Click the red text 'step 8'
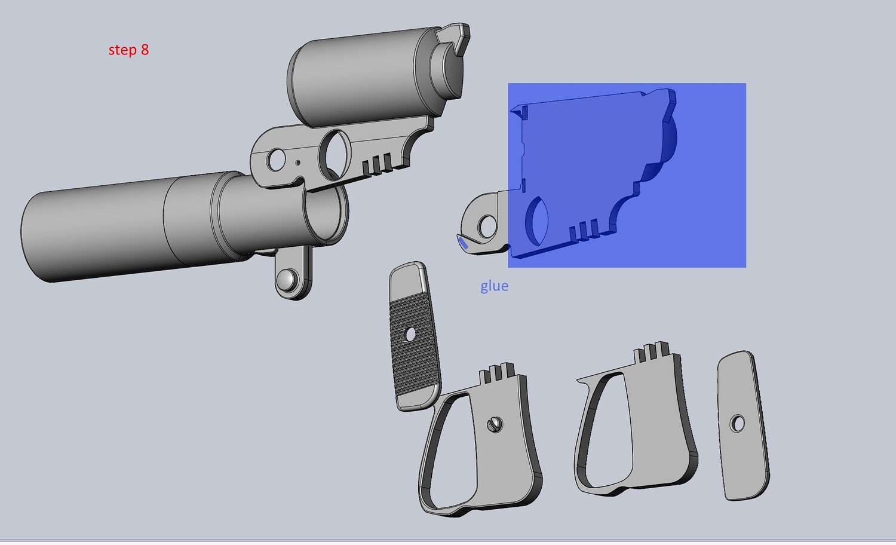coord(128,50)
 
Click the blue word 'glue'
coord(495,286)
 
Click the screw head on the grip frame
coord(495,424)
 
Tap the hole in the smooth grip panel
coord(737,423)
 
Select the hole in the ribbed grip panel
coord(410,335)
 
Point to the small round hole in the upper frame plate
coord(275,160)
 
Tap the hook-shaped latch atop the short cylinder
coord(454,39)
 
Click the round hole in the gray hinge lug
coord(487,226)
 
